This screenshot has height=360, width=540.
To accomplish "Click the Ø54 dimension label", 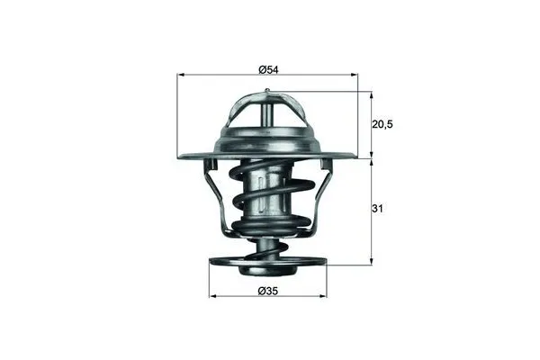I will [x=269, y=69].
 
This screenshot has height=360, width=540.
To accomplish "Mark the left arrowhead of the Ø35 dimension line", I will [x=212, y=296].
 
